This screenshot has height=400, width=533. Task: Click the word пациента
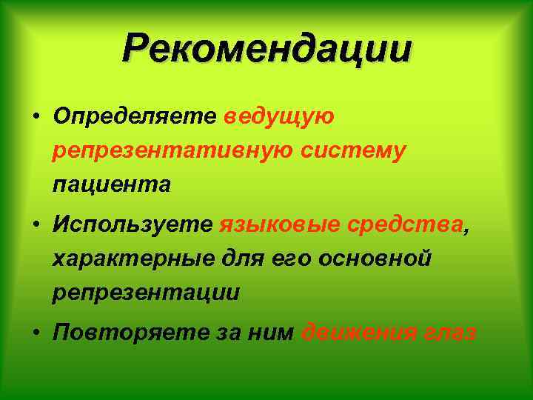[x=111, y=184]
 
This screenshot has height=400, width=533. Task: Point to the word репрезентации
[x=146, y=293]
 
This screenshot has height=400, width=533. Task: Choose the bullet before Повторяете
[x=36, y=334]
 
